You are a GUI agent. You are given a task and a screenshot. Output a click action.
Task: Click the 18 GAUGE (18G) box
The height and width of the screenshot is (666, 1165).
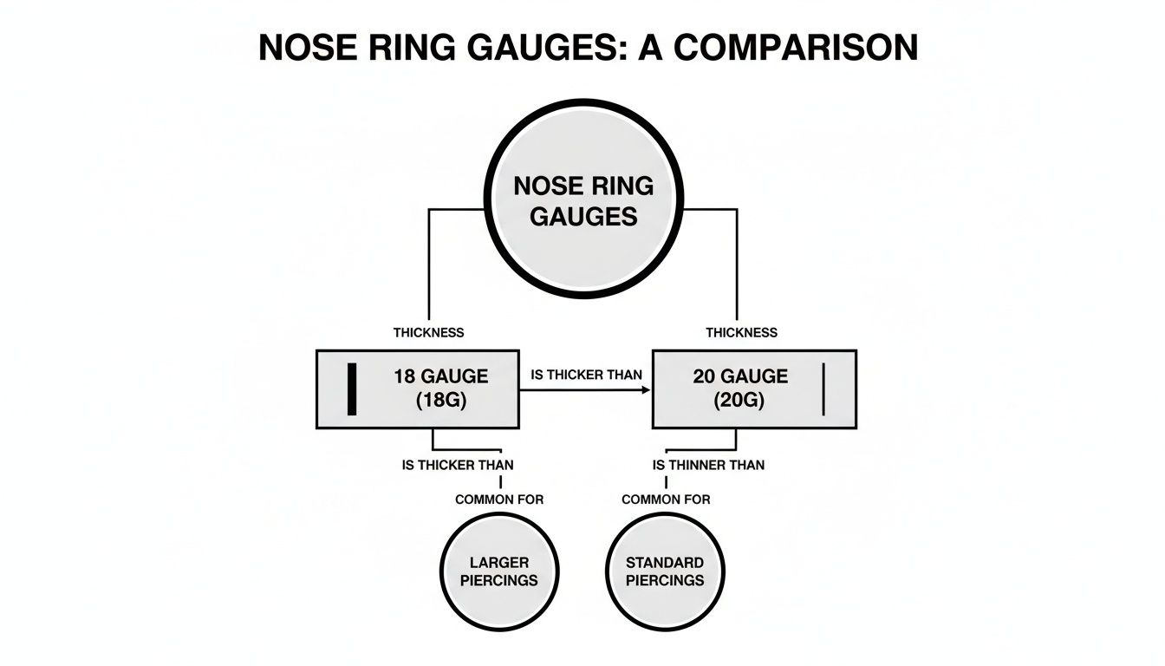[417, 388]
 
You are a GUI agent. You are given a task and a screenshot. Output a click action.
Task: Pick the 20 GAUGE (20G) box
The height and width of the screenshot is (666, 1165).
[753, 388]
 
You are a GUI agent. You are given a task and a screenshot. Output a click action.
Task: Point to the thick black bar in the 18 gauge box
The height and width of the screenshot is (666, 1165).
[352, 388]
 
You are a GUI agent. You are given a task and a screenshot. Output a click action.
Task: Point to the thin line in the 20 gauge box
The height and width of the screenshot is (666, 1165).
[822, 388]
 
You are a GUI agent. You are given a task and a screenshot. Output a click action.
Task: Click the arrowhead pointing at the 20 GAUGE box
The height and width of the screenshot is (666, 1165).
[646, 390]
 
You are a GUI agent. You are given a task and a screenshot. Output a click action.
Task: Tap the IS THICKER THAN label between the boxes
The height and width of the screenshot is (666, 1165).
[586, 375]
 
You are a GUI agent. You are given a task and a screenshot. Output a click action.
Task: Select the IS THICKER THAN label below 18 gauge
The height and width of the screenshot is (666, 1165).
[458, 465]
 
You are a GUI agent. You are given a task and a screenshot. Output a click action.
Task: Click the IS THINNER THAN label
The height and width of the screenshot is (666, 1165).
[708, 465]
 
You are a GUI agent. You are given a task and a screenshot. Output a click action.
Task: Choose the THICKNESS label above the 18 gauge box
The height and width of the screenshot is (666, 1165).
[428, 332]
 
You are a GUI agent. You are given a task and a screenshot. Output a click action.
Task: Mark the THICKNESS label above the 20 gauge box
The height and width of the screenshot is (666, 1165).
[741, 332]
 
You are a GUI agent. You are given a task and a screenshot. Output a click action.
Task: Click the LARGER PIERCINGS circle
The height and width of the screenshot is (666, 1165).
[499, 571]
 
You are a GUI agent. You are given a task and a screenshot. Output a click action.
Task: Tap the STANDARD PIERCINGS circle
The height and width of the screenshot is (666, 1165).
[665, 571]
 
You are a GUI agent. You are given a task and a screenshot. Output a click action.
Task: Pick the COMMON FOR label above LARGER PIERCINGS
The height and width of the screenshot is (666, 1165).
[499, 499]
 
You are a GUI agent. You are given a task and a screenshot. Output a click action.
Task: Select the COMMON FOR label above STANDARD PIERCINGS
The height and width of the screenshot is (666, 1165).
[666, 499]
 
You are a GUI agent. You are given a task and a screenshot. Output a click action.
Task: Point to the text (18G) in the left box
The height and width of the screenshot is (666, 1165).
[441, 402]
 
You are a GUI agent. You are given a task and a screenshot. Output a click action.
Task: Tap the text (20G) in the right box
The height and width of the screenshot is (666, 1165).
[740, 402]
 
